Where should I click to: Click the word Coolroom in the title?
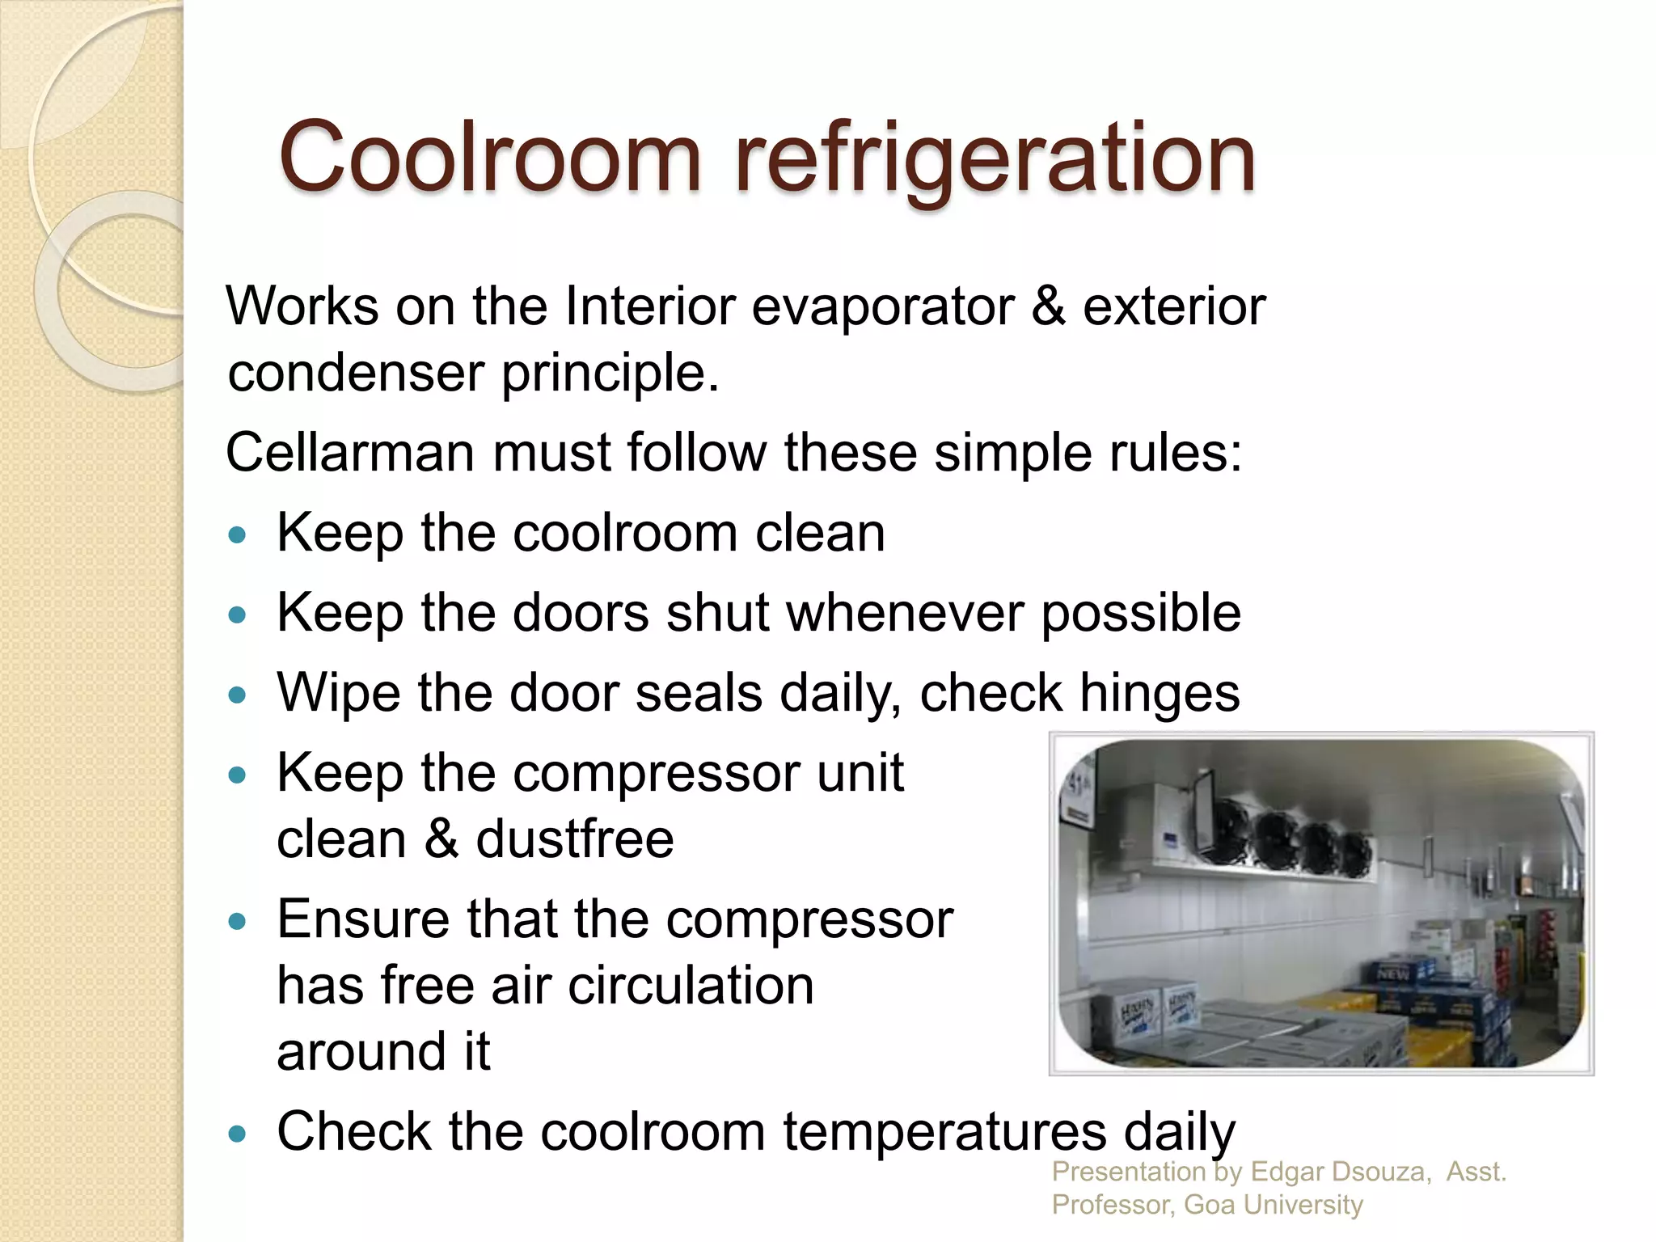point(488,157)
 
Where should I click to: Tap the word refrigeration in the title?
point(994,157)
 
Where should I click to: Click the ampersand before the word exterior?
point(1048,306)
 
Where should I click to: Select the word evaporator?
point(882,307)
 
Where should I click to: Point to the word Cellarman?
point(349,452)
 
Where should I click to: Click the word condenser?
point(356,374)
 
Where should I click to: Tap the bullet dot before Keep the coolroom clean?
point(237,534)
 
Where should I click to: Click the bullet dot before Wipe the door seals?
point(237,695)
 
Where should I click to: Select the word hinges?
point(1160,694)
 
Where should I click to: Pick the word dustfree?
point(575,839)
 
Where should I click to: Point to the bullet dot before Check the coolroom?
point(237,1134)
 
